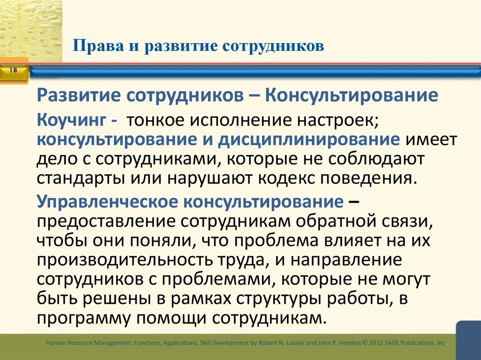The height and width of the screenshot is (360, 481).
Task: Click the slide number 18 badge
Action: (x=13, y=70)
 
